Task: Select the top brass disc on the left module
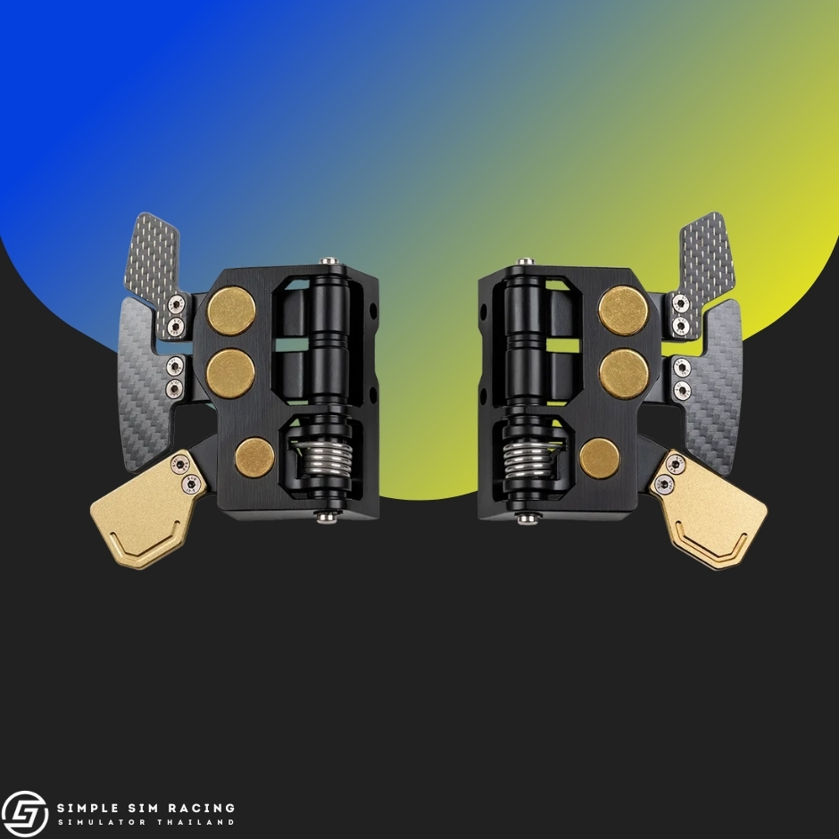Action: tap(231, 311)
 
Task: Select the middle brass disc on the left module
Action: tap(231, 373)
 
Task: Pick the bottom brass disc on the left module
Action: tap(254, 458)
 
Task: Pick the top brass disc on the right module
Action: tap(623, 311)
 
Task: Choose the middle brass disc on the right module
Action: tap(624, 374)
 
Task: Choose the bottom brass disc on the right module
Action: tap(600, 459)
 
